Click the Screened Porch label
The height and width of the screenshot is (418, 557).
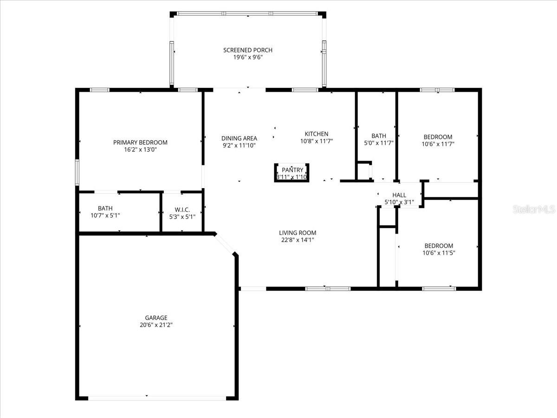[247, 50]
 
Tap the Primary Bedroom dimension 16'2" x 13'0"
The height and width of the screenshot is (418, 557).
[140, 150]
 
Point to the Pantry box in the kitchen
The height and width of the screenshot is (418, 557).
[292, 172]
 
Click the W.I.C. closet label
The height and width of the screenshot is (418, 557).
[182, 209]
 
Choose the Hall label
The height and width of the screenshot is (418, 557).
[399, 195]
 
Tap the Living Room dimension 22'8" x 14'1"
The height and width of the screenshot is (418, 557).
[298, 240]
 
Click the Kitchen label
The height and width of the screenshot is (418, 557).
[316, 134]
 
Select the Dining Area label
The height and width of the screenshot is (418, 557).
[239, 138]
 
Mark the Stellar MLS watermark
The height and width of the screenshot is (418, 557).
[533, 209]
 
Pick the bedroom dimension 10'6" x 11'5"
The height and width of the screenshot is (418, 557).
[438, 253]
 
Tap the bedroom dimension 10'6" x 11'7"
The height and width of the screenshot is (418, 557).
[438, 144]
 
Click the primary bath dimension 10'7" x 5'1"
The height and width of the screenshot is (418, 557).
[105, 216]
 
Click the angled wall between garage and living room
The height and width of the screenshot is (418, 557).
[226, 244]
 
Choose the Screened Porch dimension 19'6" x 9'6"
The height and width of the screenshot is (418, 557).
[247, 58]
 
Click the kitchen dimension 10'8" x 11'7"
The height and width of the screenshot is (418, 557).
[316, 141]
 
